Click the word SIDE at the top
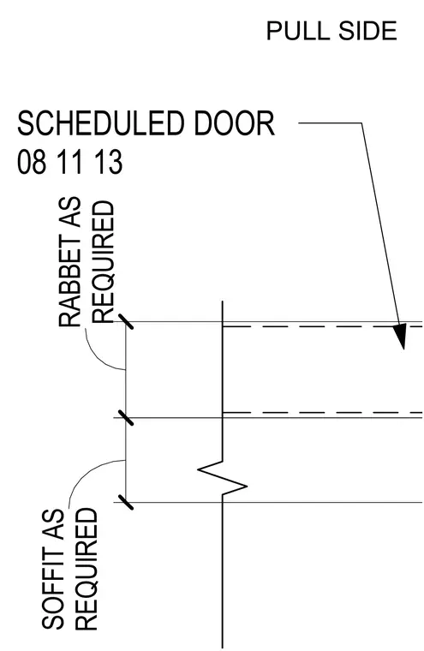coord(367,31)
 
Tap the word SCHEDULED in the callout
coord(100,122)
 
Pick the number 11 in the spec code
coord(69,162)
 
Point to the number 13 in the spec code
coord(108,162)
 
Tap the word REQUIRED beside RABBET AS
coord(103,262)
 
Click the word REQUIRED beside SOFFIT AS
coord(87,570)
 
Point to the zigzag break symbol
coord(222,477)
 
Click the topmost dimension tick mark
coord(126,321)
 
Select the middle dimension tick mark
coord(126,418)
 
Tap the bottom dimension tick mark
coord(126,502)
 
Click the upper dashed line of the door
coord(323,326)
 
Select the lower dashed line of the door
coord(323,413)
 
